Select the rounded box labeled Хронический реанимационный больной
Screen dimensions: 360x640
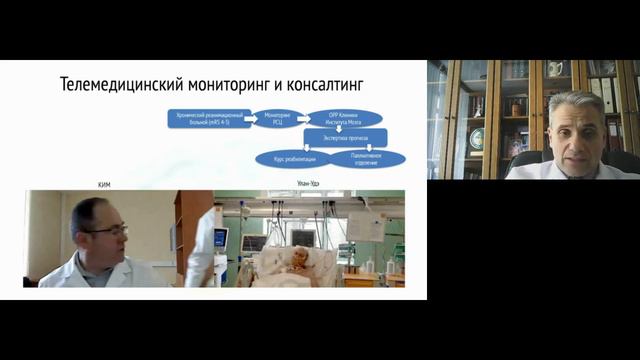coord(205,118)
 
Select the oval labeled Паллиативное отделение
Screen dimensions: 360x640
coord(367,158)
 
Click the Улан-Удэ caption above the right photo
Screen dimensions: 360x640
coord(309,185)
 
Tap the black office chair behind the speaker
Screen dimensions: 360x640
coord(620,160)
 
